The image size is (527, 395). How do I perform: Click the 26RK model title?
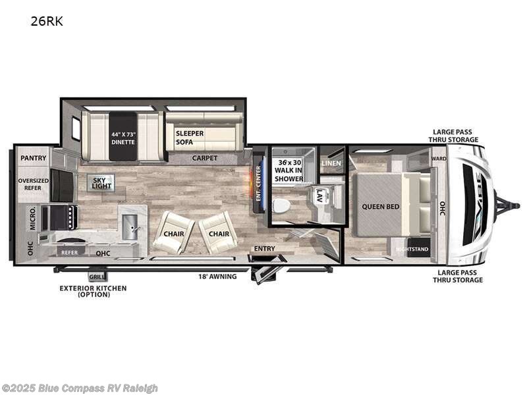46,21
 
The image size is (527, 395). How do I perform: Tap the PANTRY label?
32,158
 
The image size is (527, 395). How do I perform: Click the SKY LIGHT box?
101,182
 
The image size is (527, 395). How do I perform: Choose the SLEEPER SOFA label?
190,137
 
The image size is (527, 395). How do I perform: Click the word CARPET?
204,158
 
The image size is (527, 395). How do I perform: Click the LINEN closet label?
331,163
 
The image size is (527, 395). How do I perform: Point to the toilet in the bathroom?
281,205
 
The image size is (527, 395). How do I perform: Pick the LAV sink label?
319,195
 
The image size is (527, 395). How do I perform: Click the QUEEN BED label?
380,206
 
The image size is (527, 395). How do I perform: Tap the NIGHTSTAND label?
412,250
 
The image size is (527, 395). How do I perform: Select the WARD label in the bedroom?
439,159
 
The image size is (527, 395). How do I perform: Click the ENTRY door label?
265,248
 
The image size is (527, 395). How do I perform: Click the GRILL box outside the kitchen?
97,277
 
